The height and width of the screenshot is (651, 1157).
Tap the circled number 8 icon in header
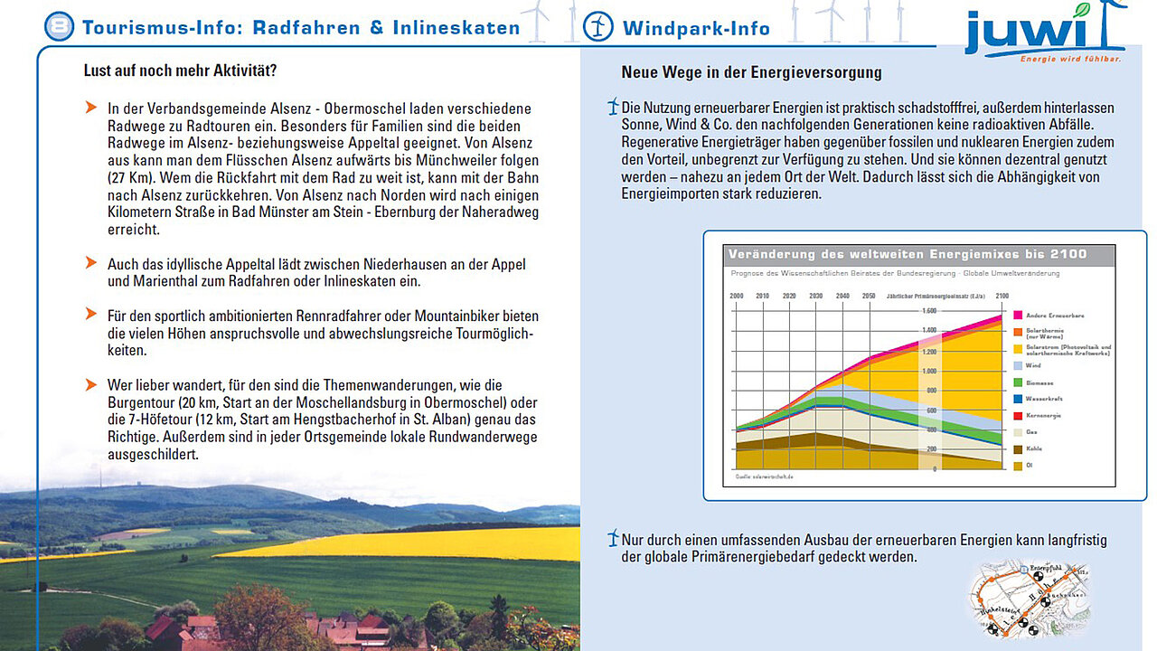coord(59,26)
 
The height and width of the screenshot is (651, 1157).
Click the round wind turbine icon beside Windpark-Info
coord(598,26)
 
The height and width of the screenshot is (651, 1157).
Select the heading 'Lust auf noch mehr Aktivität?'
coord(180,71)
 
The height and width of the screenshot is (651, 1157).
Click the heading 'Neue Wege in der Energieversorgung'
coord(751,72)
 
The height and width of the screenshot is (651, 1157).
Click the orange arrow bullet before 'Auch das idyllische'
coord(90,262)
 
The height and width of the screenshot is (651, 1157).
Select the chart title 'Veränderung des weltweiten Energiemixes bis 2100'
coord(907,254)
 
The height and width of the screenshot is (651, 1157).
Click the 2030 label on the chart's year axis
coord(816,296)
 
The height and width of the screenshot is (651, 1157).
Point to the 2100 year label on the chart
coord(1002,296)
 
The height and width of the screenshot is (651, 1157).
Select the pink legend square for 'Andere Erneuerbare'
coord(1018,316)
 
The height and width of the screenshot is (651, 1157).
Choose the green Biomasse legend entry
coord(1034,382)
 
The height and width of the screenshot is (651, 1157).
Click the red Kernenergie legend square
coord(1018,415)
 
